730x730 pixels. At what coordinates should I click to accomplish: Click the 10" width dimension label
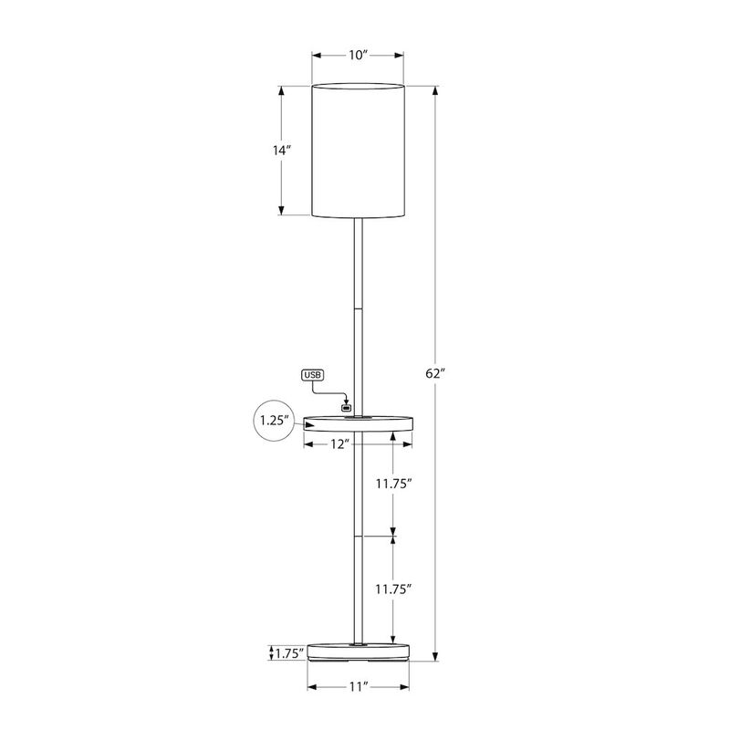pos(358,56)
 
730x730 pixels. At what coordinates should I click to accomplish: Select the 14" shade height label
pos(281,151)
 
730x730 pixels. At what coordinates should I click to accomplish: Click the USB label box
pos(313,375)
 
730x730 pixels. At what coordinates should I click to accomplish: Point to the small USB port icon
pos(346,407)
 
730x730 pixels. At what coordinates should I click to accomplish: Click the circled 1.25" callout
pos(274,422)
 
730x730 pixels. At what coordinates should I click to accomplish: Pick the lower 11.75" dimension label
pos(394,589)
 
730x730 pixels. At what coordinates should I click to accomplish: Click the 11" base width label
pos(358,685)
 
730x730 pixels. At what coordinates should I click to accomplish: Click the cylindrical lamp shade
pos(358,151)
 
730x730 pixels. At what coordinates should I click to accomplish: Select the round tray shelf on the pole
pos(358,422)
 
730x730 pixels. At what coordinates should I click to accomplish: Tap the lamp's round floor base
pos(358,651)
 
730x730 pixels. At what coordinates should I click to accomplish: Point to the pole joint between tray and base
pos(358,537)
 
